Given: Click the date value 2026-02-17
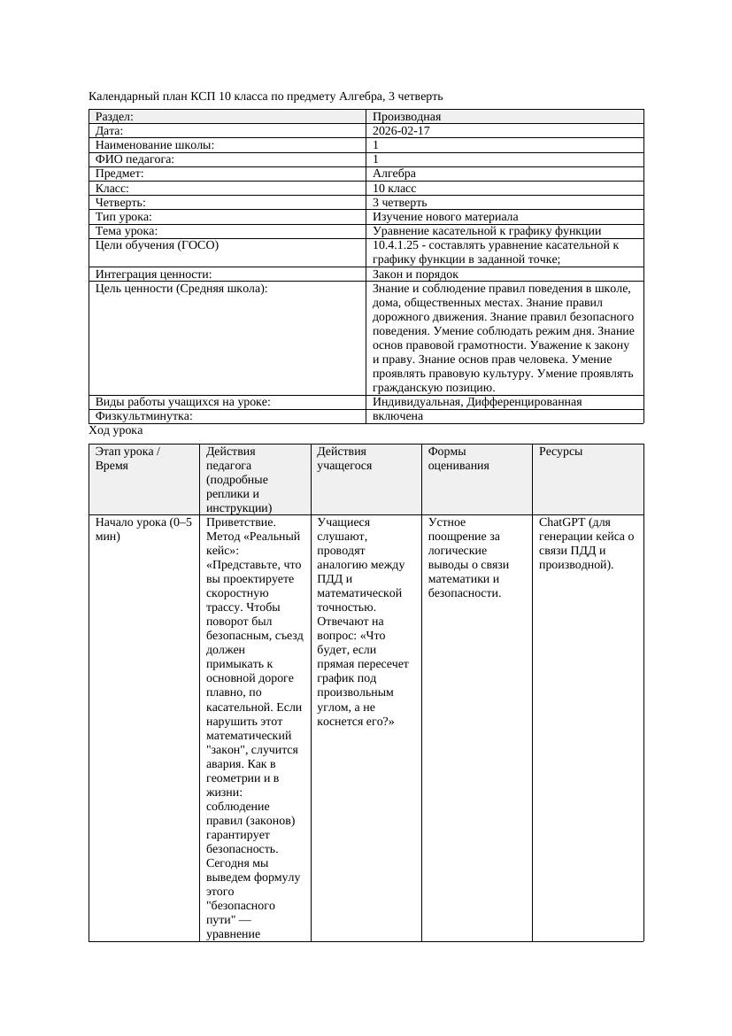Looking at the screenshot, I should point(402,131).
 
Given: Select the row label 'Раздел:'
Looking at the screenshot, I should point(115,117).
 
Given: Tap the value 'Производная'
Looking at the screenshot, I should point(406,117).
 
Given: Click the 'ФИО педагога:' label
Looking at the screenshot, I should point(135,159).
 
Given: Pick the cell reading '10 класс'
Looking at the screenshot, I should point(394,188).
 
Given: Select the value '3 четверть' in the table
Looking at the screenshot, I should point(399,202).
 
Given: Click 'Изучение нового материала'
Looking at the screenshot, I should point(445,216).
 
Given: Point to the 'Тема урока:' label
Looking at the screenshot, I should point(127,230).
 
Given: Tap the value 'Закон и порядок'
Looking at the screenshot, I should point(415,274).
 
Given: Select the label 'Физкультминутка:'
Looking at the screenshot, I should point(143,415).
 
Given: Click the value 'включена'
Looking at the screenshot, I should point(397,415).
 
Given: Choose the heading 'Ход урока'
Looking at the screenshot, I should point(116,430).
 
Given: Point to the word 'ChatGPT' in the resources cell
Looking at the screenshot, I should point(561,522).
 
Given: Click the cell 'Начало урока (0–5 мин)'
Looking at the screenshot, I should point(143,529).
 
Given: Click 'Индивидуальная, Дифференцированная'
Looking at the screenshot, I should point(477,401).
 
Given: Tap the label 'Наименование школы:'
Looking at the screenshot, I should point(155,145).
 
